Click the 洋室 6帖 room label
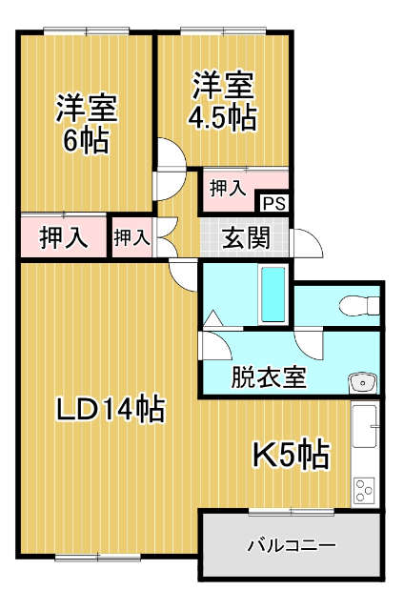click(x=86, y=124)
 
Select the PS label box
click(x=273, y=203)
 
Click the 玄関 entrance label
click(x=246, y=238)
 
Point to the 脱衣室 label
click(x=269, y=376)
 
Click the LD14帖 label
click(x=110, y=410)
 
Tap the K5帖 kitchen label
click(x=291, y=455)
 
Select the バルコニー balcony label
click(x=292, y=546)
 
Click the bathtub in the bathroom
click(x=273, y=295)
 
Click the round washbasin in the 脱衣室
click(x=362, y=383)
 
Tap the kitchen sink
click(x=365, y=429)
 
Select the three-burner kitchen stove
click(x=365, y=489)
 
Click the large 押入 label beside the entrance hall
click(x=64, y=238)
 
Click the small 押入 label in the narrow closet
click(x=132, y=238)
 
